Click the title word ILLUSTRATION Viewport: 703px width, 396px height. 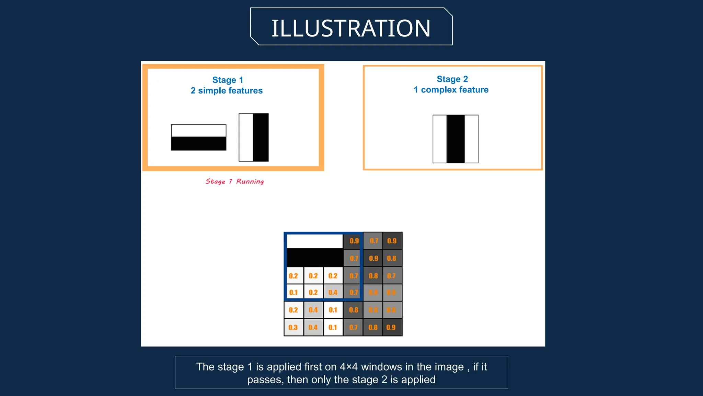click(x=351, y=28)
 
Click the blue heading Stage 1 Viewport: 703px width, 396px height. click(x=228, y=80)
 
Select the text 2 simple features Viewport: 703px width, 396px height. click(x=227, y=91)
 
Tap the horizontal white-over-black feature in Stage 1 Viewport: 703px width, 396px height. click(x=198, y=137)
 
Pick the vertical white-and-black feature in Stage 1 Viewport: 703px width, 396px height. click(x=254, y=137)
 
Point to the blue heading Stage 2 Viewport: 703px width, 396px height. click(x=452, y=79)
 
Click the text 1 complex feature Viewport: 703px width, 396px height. click(x=451, y=90)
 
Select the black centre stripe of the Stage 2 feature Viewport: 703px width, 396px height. click(x=456, y=139)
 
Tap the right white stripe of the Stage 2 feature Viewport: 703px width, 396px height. click(x=471, y=139)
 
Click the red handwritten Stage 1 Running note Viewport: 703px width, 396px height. click(x=235, y=181)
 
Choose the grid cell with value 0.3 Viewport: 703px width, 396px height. click(x=293, y=328)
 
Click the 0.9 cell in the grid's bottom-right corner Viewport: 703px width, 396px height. click(x=391, y=328)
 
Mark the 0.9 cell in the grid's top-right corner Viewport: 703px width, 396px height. click(x=392, y=241)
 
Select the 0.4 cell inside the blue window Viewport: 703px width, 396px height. click(x=333, y=293)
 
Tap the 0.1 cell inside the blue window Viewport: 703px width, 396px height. click(x=293, y=293)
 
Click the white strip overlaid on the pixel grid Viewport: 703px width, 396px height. click(x=314, y=241)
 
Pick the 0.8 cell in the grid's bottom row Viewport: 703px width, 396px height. click(x=373, y=328)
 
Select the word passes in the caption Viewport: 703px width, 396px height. click(x=265, y=379)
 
